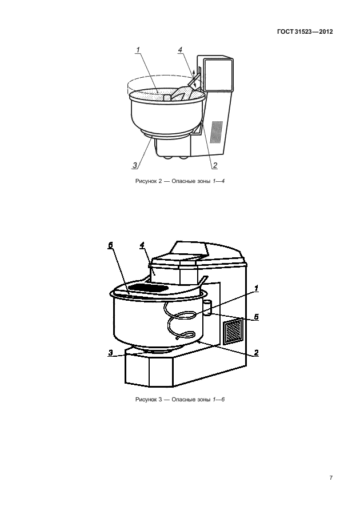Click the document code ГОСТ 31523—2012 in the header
click(305, 31)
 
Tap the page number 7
click(331, 478)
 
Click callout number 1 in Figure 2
click(138, 50)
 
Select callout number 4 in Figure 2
click(180, 50)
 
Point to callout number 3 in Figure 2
click(135, 165)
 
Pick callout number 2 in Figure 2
click(215, 165)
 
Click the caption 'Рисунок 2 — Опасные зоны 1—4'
click(180, 181)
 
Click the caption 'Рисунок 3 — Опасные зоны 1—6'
click(180, 399)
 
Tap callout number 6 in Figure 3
click(110, 245)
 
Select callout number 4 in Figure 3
click(142, 245)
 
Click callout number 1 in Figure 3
click(256, 288)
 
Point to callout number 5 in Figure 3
click(256, 317)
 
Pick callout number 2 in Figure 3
click(256, 353)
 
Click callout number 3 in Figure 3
click(110, 353)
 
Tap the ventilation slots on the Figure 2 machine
click(217, 132)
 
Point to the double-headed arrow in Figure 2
click(194, 78)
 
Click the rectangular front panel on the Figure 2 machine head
click(217, 75)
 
